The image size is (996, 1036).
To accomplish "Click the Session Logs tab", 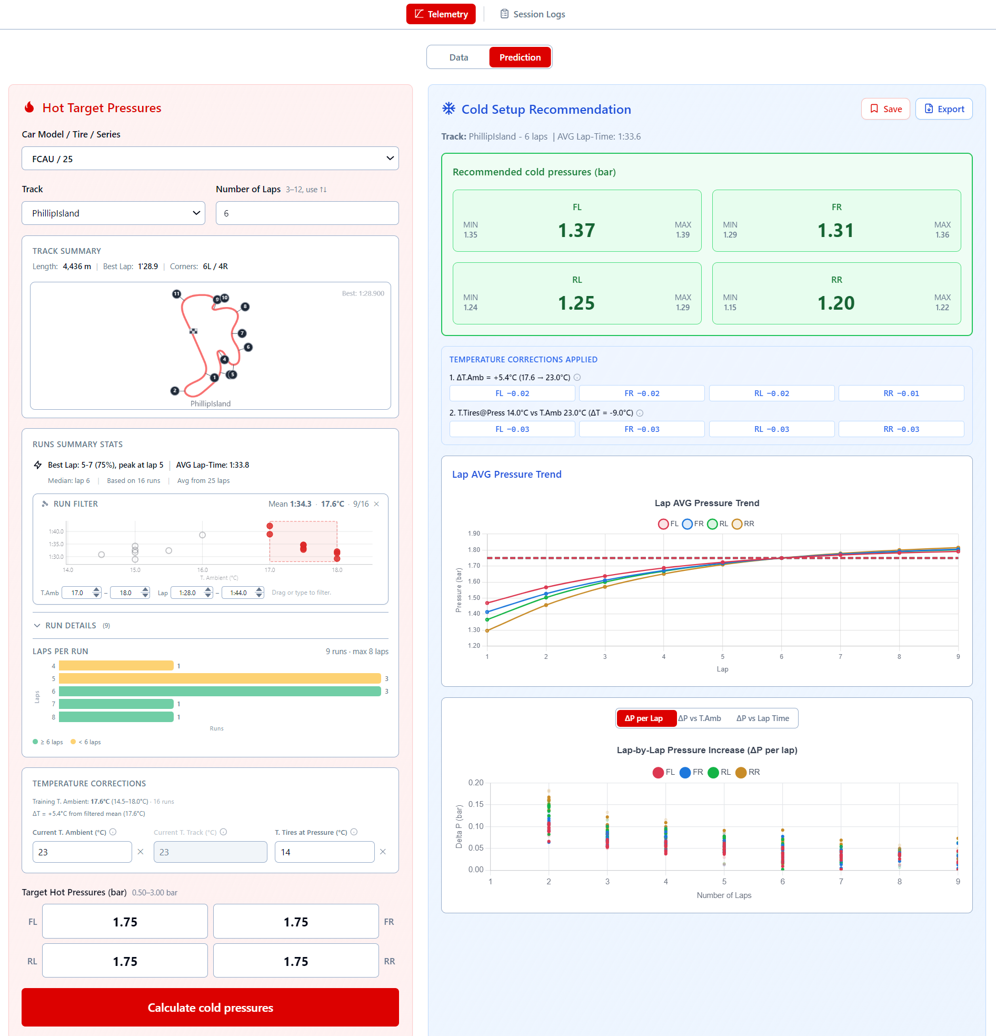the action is [x=532, y=14].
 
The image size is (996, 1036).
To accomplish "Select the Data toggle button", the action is [x=459, y=57].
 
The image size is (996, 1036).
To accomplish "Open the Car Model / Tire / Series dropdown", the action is [x=210, y=159].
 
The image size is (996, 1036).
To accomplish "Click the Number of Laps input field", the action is [x=307, y=213].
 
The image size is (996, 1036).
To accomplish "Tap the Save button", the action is [x=885, y=109].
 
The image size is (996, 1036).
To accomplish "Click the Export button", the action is [x=944, y=109].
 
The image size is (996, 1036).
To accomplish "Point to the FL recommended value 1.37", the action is [x=576, y=231].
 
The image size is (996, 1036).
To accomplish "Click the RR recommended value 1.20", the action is [x=836, y=303].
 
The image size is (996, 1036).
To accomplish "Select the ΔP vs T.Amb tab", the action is [x=700, y=718].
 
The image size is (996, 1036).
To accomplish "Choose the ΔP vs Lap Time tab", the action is [x=762, y=718].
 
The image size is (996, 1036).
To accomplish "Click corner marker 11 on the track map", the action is [x=176, y=294].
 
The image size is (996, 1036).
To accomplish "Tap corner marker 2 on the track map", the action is [x=175, y=391].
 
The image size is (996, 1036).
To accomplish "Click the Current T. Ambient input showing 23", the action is [x=82, y=852].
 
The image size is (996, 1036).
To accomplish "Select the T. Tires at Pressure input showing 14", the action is [x=324, y=852].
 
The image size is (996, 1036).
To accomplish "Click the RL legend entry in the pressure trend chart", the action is [x=718, y=524].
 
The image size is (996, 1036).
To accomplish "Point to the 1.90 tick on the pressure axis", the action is [x=474, y=534].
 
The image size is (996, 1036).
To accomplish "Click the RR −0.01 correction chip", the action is [x=901, y=393].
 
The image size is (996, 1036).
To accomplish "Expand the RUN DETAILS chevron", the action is [x=37, y=625].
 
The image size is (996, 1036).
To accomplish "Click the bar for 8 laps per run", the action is [x=116, y=717].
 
